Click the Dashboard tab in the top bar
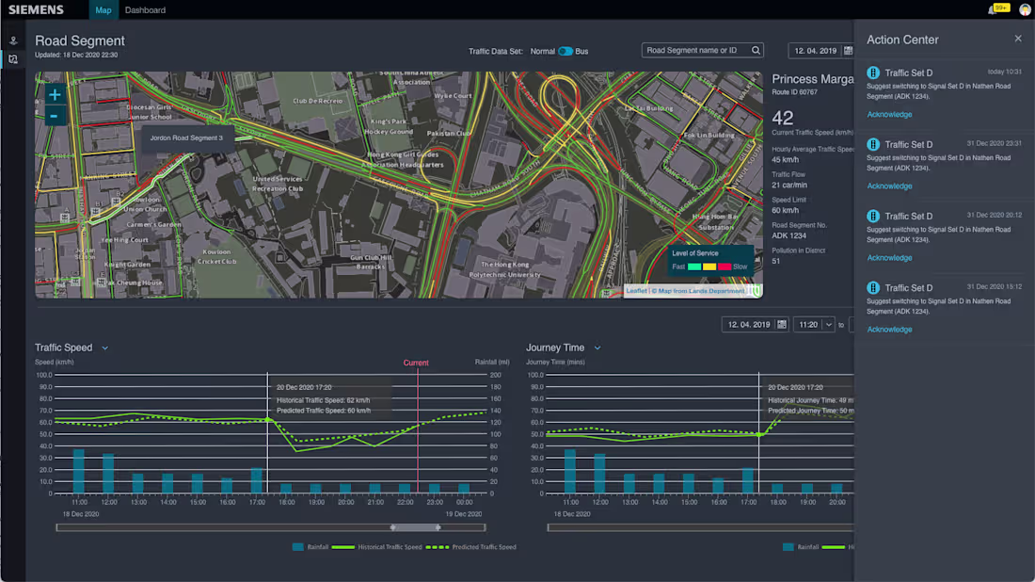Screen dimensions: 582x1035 (145, 10)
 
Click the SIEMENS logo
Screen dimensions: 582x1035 (36, 10)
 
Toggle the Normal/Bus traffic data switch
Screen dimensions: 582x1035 (565, 51)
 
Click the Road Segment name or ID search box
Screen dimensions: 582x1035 (696, 51)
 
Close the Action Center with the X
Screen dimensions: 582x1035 (1018, 39)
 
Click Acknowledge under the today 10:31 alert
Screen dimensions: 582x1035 (889, 115)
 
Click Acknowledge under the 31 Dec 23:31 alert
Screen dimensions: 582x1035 (889, 186)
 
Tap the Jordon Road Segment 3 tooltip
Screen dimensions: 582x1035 (187, 137)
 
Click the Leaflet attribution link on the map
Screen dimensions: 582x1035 (637, 291)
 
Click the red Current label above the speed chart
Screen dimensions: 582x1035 (416, 363)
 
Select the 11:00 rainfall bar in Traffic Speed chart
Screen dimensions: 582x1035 (79, 471)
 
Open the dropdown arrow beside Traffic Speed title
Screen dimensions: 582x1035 (104, 348)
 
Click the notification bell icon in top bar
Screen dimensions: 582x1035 (993, 10)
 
